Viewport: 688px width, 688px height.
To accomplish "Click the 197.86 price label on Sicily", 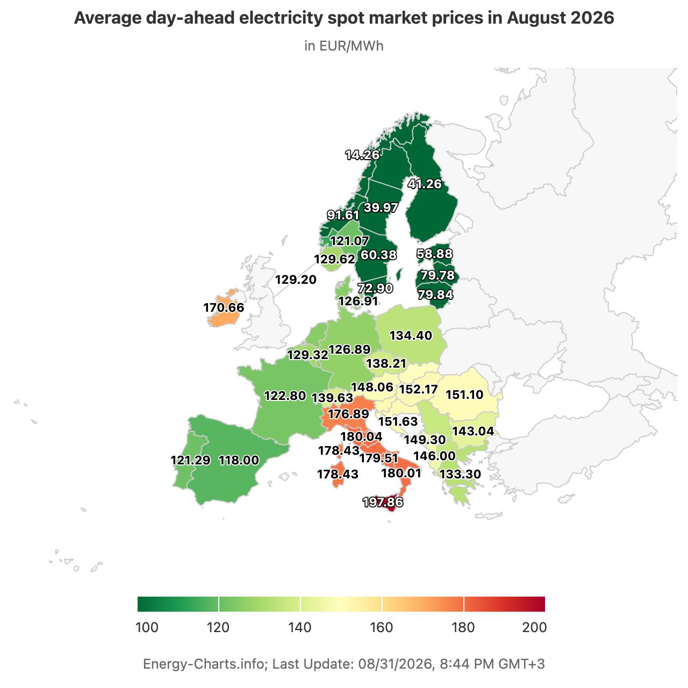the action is [383, 502].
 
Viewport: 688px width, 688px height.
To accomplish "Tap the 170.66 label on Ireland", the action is [224, 307].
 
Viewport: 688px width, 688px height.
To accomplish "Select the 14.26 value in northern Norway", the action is [362, 155].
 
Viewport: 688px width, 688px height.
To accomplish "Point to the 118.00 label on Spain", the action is [239, 460].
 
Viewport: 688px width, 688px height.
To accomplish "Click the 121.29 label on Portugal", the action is [191, 460].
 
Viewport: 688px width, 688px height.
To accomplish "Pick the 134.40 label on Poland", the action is [411, 335].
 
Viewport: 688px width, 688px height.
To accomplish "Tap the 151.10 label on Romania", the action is [464, 395].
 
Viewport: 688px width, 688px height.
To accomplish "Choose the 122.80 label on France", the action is [285, 396].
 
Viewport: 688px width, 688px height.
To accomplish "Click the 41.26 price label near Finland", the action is [425, 184].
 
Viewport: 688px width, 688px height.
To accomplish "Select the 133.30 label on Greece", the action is [460, 474].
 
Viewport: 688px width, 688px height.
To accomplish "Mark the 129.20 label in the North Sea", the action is [296, 279].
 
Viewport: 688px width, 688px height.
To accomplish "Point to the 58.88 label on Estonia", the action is [435, 254].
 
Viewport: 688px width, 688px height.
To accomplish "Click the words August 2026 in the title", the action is [560, 18].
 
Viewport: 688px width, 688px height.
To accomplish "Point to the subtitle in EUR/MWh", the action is [344, 46].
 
